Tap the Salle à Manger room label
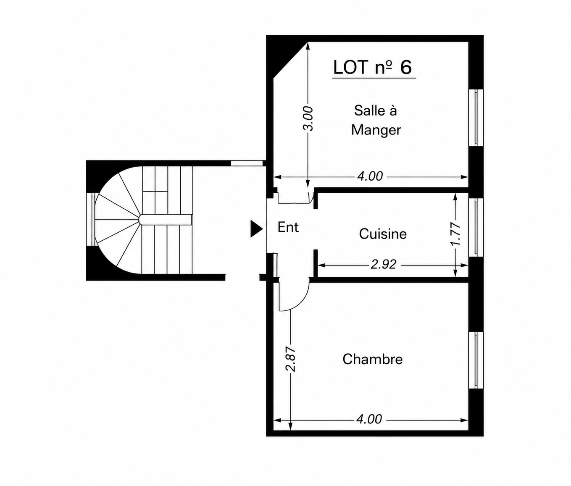[x=376, y=120]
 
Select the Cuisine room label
[x=383, y=234]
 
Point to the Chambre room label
[x=372, y=359]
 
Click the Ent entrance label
[x=288, y=227]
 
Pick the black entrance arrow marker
[x=256, y=229]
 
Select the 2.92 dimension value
[x=384, y=265]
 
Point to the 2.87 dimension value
[x=291, y=359]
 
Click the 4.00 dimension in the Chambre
[x=369, y=419]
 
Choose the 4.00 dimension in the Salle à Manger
[x=370, y=176]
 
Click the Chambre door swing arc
[x=300, y=302]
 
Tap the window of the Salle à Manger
[x=476, y=118]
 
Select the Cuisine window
[x=476, y=227]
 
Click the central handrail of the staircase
[x=165, y=220]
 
